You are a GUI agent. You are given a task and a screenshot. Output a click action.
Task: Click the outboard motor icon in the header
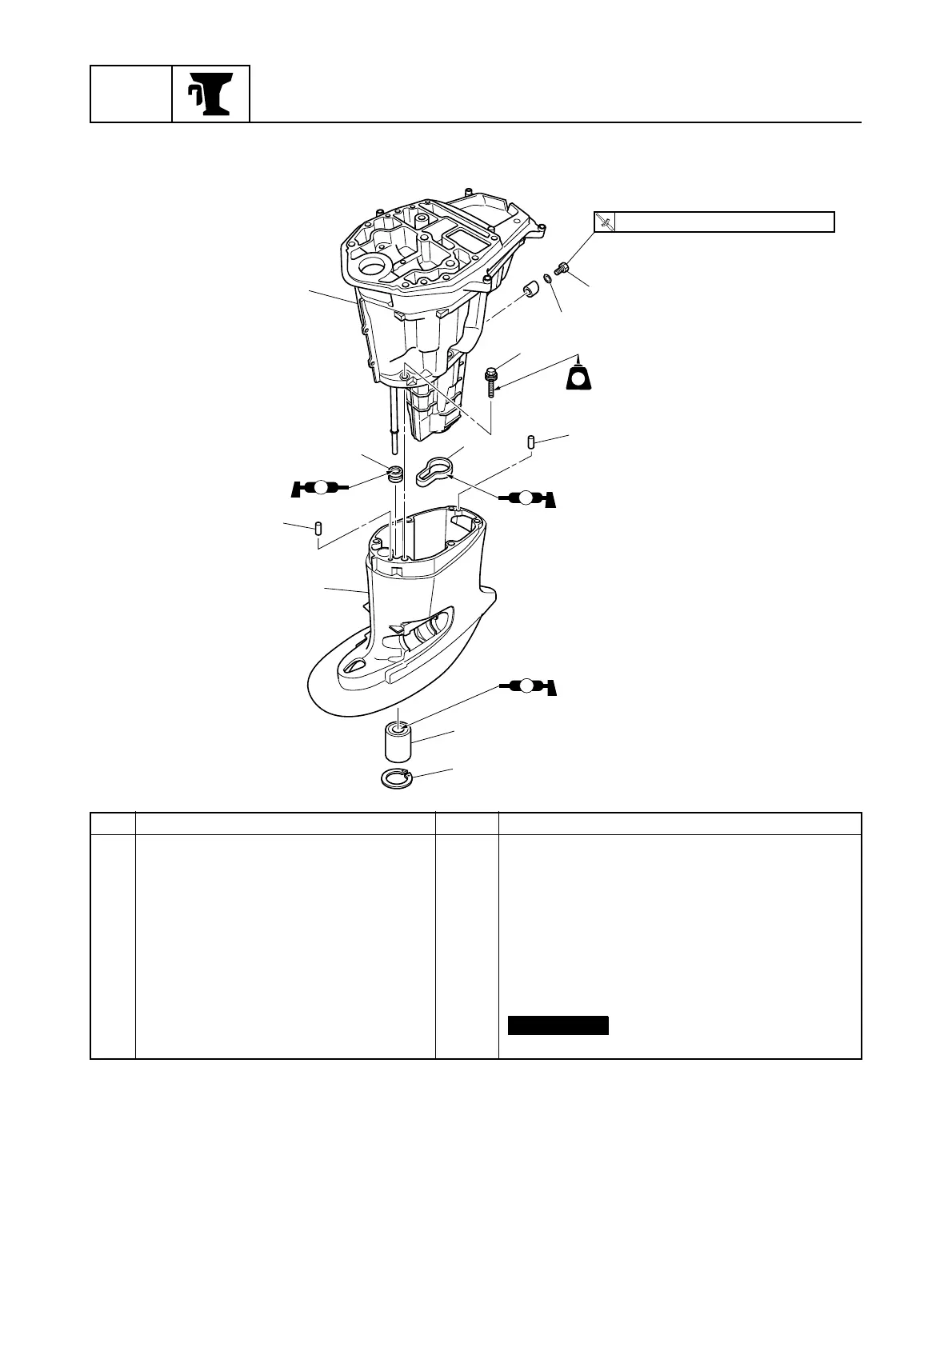click(210, 94)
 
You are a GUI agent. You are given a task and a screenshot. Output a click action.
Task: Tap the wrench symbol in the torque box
click(606, 222)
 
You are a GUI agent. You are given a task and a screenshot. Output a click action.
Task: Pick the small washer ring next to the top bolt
click(548, 278)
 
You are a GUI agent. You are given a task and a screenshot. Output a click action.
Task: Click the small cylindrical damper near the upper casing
click(527, 289)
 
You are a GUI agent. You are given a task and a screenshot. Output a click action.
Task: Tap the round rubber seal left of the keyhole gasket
click(394, 473)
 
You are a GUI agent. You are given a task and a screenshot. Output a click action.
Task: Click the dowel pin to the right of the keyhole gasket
click(530, 442)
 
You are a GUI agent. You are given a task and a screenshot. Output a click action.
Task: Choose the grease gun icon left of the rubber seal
click(319, 487)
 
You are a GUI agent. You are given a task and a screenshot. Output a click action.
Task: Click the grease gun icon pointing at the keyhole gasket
click(526, 498)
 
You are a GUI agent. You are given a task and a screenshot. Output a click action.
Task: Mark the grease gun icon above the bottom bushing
click(527, 686)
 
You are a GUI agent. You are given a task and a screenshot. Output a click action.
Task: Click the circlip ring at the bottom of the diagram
click(395, 778)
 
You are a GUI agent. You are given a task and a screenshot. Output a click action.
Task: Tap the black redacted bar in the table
click(558, 1025)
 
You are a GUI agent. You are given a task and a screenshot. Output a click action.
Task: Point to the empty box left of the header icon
click(131, 94)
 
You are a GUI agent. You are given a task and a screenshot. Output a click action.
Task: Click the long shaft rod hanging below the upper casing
click(393, 416)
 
